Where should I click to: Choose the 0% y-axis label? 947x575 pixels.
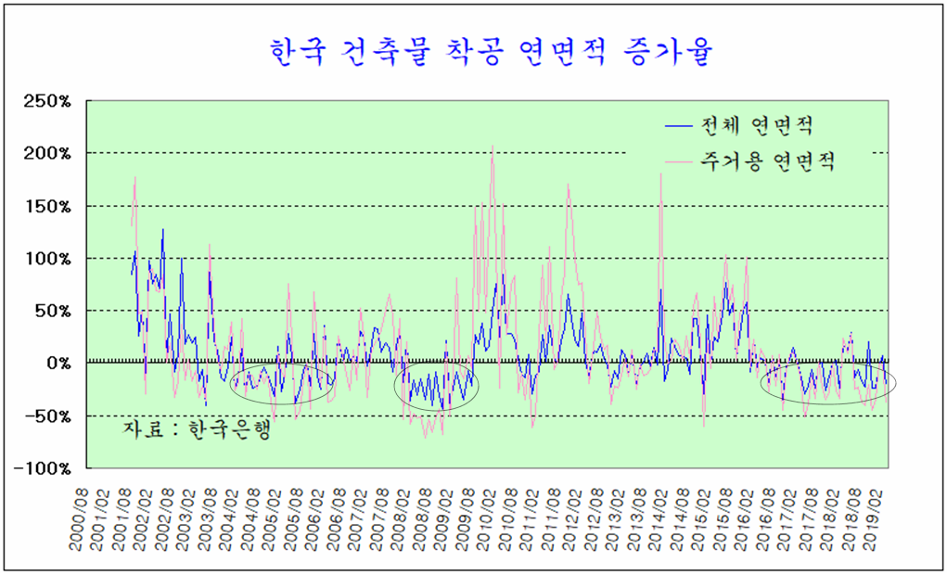click(58, 364)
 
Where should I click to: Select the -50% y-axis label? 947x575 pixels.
click(48, 415)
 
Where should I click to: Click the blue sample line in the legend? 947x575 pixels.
click(682, 124)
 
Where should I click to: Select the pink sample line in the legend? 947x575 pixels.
click(682, 162)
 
